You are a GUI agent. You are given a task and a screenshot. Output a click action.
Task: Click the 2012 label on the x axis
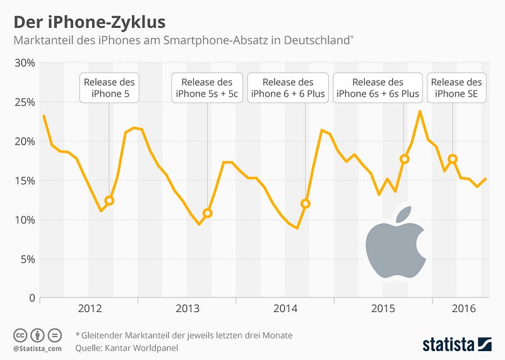click(x=90, y=308)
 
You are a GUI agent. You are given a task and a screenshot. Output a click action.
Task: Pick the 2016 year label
click(x=464, y=308)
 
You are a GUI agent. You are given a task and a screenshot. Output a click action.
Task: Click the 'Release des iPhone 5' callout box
click(x=109, y=88)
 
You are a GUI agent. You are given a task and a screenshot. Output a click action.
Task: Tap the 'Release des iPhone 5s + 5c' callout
click(x=206, y=88)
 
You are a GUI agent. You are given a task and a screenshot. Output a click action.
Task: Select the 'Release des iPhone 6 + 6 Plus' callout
click(x=288, y=88)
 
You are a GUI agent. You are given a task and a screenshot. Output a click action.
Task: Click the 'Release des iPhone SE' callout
click(x=456, y=88)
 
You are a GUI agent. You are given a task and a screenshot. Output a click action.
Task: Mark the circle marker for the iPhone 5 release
click(x=109, y=200)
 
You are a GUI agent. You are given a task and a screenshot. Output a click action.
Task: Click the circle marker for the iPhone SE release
click(x=453, y=159)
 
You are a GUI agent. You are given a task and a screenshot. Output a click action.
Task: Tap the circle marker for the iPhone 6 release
click(x=306, y=203)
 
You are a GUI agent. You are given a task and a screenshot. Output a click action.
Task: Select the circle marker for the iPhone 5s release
click(x=207, y=213)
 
